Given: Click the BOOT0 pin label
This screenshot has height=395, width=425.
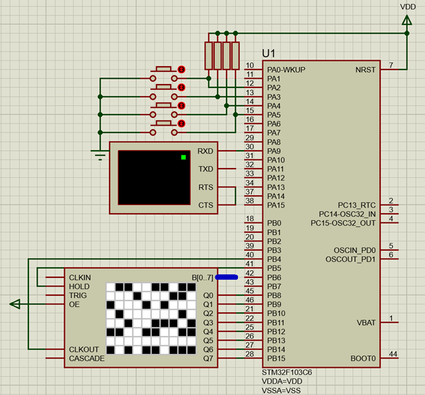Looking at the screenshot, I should coord(363,359).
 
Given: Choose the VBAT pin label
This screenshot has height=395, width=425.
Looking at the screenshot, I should coord(366,323).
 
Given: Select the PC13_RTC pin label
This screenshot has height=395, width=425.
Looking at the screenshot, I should coord(356,205).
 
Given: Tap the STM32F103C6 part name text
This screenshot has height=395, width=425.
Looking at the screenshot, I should coord(288,373).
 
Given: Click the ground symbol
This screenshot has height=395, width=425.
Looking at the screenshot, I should coord(100,156).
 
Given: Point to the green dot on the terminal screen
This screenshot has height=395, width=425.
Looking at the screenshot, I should coord(183,157).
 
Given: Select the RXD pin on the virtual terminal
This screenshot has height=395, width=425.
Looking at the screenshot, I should coord(206,152).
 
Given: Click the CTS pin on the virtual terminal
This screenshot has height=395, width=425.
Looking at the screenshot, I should coord(206,205).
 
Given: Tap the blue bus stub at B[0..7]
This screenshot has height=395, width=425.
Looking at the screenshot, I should coord(227,277).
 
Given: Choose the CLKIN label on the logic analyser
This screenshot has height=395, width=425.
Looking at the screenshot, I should coord(79,277).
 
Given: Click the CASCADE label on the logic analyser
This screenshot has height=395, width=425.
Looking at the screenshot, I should coord(86,359).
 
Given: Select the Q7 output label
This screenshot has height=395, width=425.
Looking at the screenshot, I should coord(208,359).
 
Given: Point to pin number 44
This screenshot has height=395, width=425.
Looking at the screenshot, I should coord(392,354).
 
